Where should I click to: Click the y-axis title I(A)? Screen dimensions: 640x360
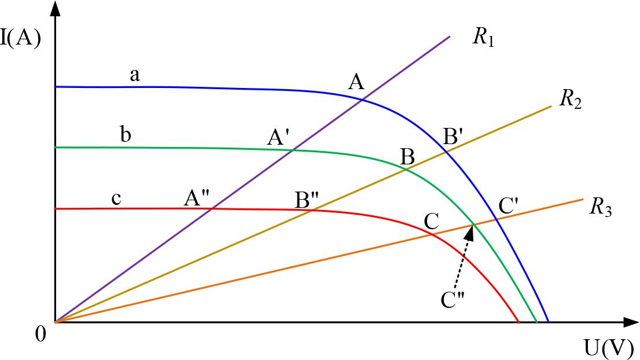(20, 40)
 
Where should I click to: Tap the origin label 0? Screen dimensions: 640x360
(41, 335)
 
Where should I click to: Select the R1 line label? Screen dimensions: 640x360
(483, 39)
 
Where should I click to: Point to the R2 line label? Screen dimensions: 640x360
(570, 99)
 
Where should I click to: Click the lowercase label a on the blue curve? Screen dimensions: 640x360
(135, 75)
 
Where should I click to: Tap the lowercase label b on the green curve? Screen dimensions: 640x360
(126, 134)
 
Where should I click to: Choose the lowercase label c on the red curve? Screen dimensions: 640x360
(116, 199)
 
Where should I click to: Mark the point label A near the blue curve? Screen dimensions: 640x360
(356, 83)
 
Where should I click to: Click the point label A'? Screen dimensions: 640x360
(278, 137)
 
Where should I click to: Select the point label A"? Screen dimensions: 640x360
(196, 199)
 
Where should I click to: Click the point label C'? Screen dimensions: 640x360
(508, 207)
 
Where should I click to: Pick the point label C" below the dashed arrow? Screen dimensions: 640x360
(453, 300)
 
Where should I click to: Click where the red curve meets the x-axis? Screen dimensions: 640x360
(519, 322)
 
